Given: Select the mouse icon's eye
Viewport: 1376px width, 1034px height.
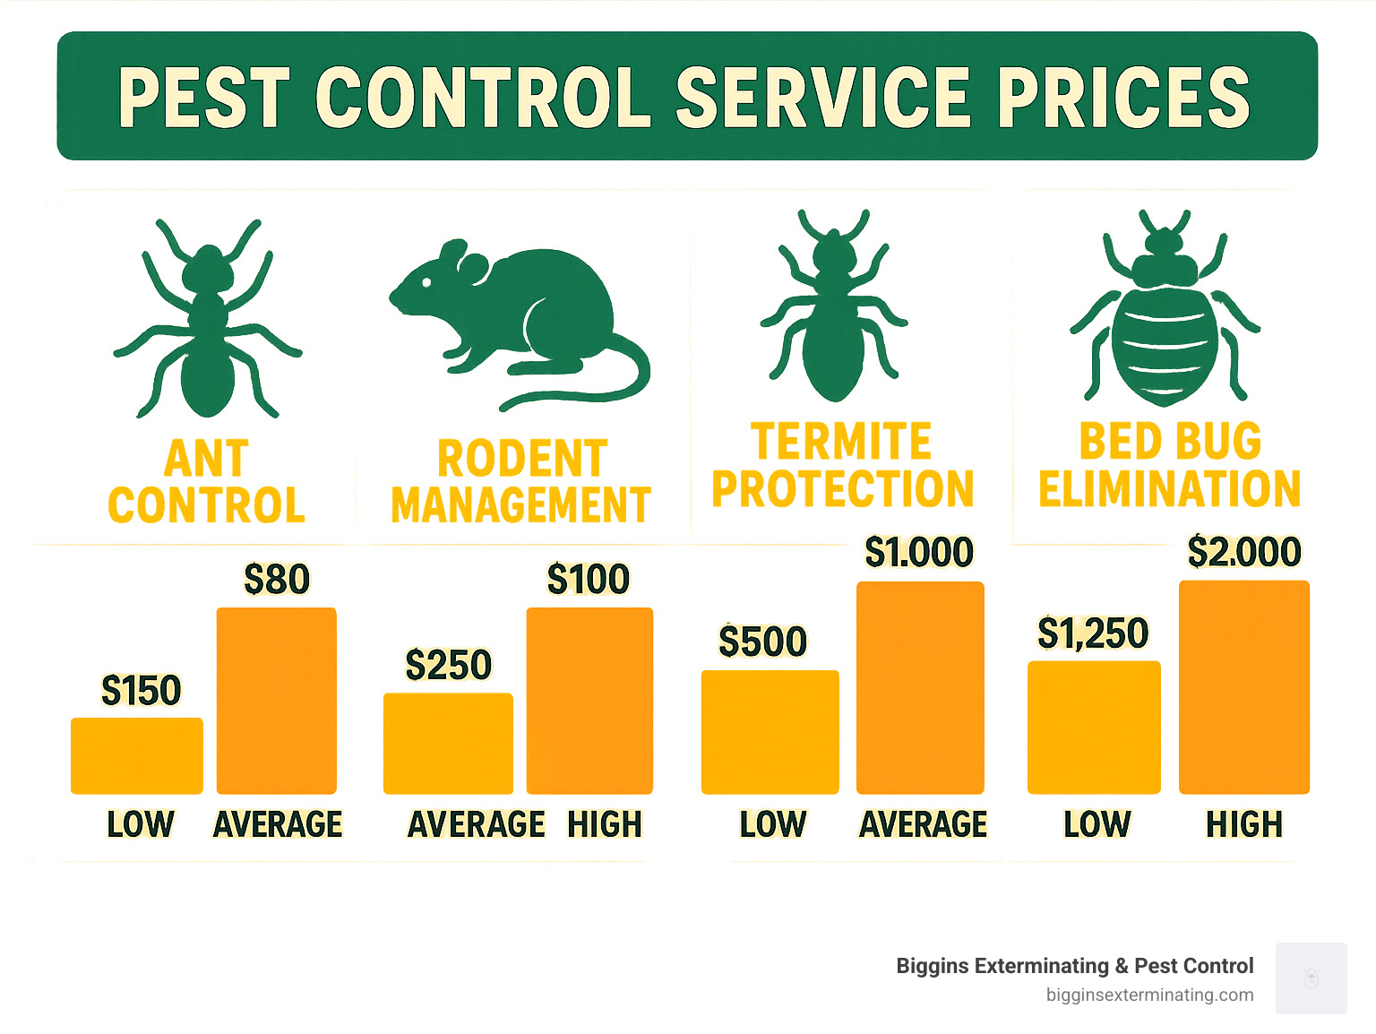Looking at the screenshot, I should [x=427, y=283].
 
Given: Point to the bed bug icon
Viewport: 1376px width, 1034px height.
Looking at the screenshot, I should [x=1165, y=309].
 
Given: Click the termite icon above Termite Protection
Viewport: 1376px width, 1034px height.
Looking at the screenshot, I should [x=834, y=309].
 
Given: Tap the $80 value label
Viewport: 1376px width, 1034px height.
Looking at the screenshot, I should [x=277, y=580].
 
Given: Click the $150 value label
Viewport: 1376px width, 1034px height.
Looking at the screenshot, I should [x=141, y=691].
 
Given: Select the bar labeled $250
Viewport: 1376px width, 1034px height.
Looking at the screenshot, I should [x=448, y=744].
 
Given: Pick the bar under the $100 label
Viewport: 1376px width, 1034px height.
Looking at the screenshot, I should [x=589, y=701].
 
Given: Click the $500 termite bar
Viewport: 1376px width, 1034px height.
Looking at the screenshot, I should [x=770, y=732].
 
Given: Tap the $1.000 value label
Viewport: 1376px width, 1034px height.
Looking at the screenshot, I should [x=919, y=553].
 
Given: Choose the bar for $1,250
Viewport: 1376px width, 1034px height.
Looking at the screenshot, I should [x=1093, y=728].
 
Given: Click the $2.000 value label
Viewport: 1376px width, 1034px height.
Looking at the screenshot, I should [x=1244, y=552].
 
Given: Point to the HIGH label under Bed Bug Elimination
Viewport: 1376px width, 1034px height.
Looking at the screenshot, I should [x=1244, y=824].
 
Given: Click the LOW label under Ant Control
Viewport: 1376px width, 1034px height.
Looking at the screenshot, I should [x=141, y=824].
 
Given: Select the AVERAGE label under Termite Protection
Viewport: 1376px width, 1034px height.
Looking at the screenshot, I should [x=923, y=824].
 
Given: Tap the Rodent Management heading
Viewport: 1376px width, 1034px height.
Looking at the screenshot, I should [x=520, y=482].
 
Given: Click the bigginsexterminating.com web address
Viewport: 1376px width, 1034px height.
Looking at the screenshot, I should [x=1149, y=995].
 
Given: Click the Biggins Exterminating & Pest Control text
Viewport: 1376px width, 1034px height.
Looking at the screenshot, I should [x=1074, y=966].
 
